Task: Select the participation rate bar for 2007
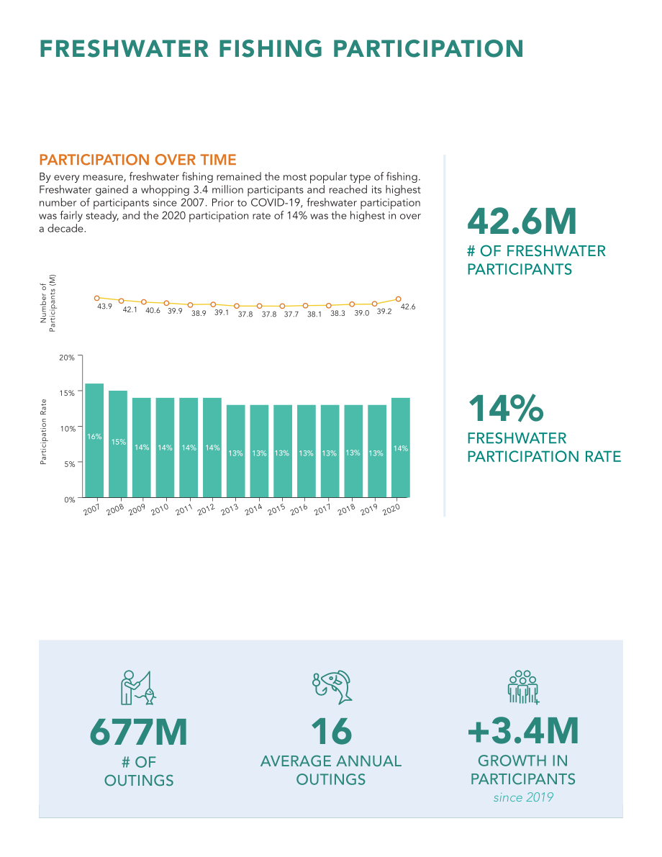point(94,440)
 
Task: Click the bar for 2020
point(401,448)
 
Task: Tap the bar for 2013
point(235,451)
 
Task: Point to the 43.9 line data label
point(104,307)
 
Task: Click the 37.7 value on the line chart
point(291,314)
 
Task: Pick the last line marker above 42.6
point(399,299)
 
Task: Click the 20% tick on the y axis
point(67,358)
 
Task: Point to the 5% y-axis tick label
point(69,464)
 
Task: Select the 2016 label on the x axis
point(299,509)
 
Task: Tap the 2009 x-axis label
point(137,509)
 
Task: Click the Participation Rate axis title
point(43,432)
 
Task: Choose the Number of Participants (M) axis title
point(48,303)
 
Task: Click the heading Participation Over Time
point(137,160)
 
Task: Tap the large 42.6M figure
point(522,221)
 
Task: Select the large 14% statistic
point(506,408)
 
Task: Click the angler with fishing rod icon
point(138,688)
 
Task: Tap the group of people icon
point(523,687)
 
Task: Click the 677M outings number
point(139,732)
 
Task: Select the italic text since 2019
point(523,797)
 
